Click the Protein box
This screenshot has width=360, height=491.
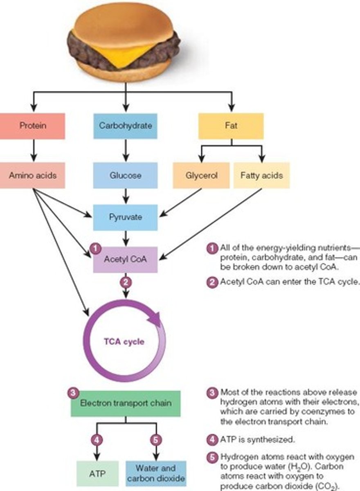coord(33,126)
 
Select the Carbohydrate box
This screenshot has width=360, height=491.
coord(126,126)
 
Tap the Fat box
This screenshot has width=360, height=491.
coord(231,126)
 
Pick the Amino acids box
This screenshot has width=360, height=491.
coord(33,175)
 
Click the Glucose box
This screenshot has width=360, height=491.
coord(126,175)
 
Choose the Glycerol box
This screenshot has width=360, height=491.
coord(201,175)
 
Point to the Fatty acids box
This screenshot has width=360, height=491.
coord(261,175)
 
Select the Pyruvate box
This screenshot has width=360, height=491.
coord(126,216)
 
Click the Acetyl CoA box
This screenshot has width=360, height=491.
coord(126,259)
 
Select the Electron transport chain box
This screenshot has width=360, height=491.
coord(126,403)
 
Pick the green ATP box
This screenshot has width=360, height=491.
coord(98,473)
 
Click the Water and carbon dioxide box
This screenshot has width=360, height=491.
coord(156,473)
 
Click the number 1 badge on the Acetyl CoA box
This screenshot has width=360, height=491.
coord(95,248)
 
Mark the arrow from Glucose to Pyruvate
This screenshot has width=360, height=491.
coord(126,196)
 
